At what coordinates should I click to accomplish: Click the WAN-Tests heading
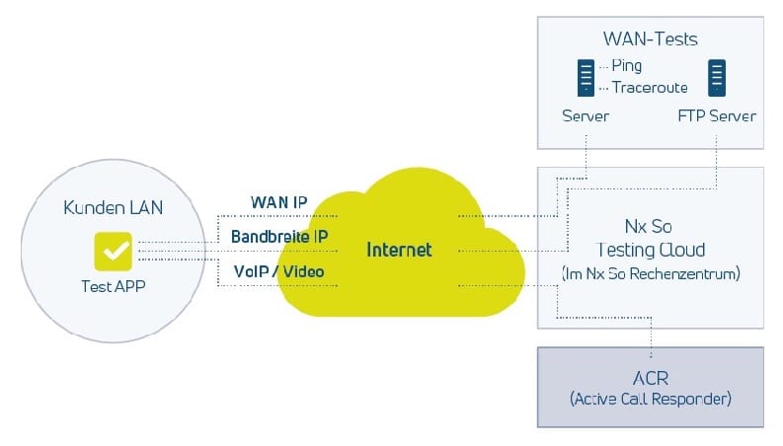(650, 39)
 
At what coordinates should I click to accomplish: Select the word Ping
(626, 66)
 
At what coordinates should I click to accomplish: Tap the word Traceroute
(649, 87)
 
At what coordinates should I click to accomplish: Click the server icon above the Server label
(587, 77)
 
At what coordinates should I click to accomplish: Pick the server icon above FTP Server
(716, 77)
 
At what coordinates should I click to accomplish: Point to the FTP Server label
(717, 115)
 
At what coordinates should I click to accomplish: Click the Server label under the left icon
(586, 115)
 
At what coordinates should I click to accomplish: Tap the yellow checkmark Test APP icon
(113, 251)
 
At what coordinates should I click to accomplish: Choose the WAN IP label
(278, 202)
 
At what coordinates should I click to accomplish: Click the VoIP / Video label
(278, 270)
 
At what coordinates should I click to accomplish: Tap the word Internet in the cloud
(399, 250)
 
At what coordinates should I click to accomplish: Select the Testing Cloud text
(651, 250)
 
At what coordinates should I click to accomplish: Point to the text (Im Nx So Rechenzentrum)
(651, 273)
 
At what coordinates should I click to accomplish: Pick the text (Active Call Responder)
(651, 402)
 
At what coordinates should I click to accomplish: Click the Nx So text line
(651, 226)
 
